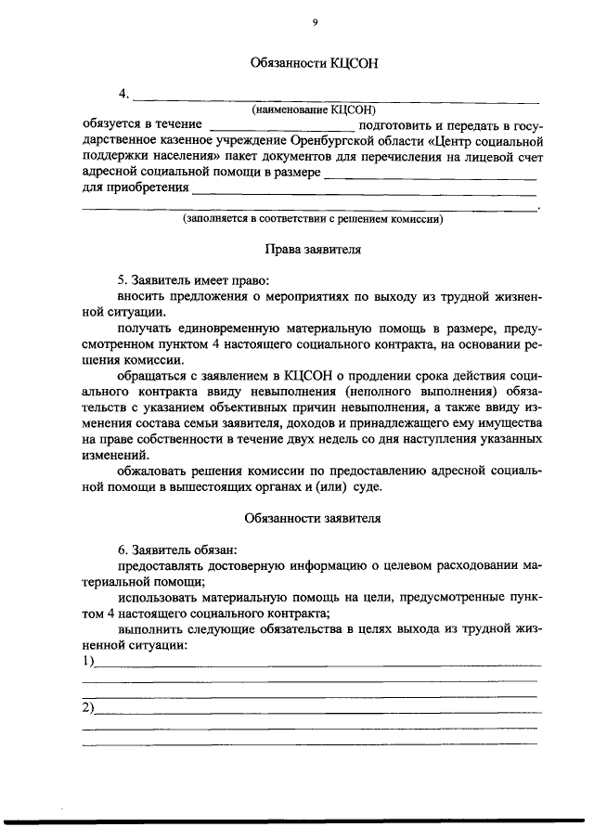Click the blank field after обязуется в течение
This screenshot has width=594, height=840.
pos(282,124)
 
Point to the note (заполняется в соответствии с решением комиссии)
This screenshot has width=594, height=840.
pos(313,220)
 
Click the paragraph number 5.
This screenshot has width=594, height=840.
pos(121,279)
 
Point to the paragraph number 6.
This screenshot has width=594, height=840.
pos(121,548)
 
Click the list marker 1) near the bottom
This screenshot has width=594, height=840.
pos(89,661)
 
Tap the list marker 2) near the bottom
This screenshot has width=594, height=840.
pos(89,709)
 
